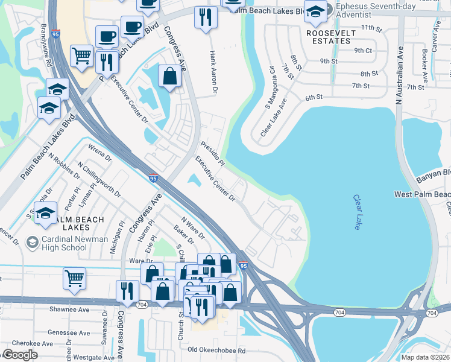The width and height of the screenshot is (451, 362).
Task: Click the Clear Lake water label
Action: coord(357,212)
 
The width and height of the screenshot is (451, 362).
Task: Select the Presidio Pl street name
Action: coord(212,154)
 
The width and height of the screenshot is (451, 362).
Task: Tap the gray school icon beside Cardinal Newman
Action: coord(32,243)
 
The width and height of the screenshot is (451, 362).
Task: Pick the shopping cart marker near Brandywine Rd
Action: coord(81,56)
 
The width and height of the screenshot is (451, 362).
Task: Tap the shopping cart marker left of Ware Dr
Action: coord(74,278)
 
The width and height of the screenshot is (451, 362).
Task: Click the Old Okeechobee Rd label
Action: coord(216,350)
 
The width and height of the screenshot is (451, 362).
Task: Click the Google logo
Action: coord(20,355)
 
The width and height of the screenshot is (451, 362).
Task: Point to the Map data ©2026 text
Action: coord(424,357)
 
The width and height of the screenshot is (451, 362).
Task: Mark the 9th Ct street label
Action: coord(363,51)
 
